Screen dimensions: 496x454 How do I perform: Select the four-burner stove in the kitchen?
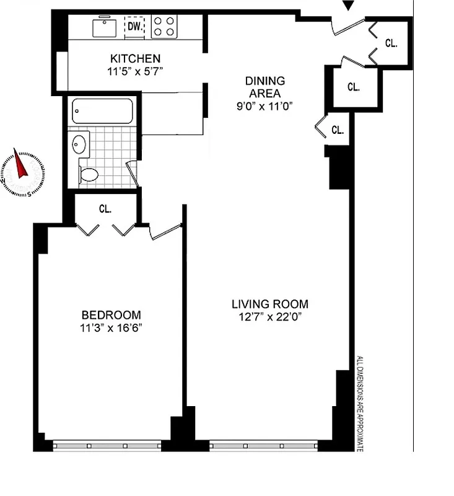coord(164,26)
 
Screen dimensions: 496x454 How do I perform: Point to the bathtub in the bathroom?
coord(102,111)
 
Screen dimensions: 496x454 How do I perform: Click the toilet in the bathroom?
coord(88,173)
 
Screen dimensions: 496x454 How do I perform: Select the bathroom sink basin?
coord(79,144)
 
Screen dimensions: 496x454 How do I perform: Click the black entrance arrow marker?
coord(349,6)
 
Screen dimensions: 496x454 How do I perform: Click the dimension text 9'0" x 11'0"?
coord(264,105)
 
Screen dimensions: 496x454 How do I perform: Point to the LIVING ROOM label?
coord(269,304)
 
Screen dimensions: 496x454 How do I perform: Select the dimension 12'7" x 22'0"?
coord(269,317)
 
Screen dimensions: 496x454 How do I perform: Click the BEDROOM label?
coord(111,315)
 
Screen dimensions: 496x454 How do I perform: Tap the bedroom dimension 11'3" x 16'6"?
coord(111,327)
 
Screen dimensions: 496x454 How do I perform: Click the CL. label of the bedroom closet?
coord(105,209)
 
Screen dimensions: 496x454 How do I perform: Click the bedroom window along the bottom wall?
coord(107,445)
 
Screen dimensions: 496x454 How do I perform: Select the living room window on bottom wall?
coord(263,445)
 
